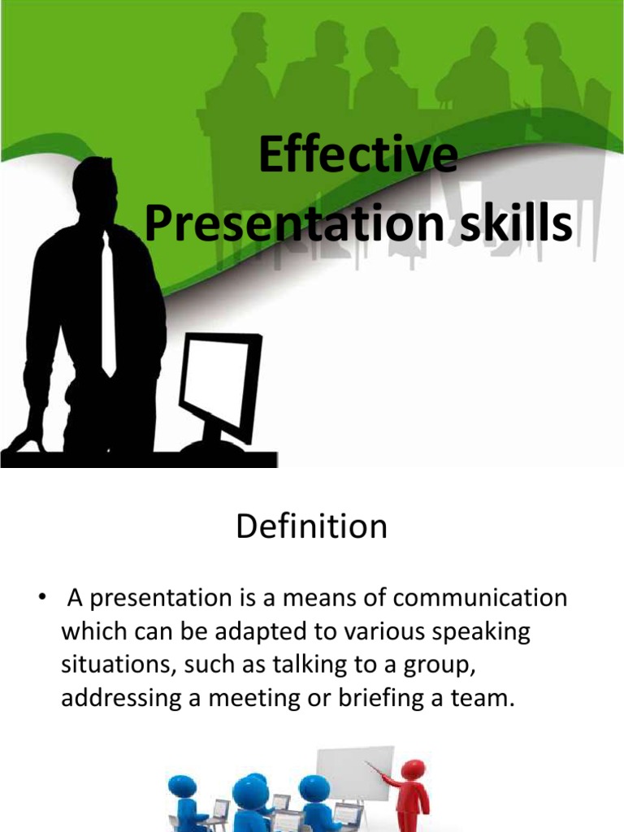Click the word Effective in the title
(x=357, y=157)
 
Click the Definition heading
(x=312, y=527)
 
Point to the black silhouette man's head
(x=96, y=188)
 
